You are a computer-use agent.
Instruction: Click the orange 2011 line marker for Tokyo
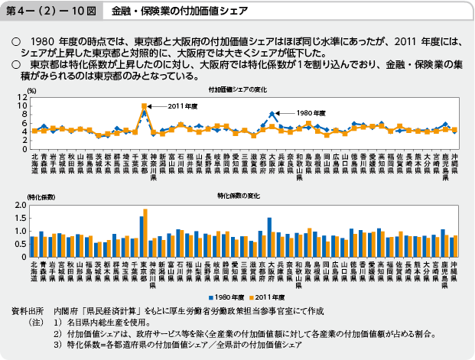(144, 106)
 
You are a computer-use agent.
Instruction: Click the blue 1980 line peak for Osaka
(272, 113)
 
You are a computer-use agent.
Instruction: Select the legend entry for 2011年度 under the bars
(268, 295)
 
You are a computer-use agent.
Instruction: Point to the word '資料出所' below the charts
(27, 313)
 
